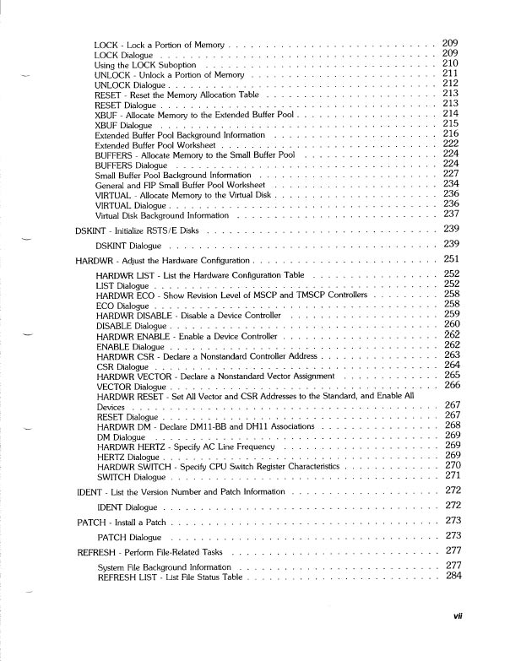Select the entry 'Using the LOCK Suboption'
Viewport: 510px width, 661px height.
145,65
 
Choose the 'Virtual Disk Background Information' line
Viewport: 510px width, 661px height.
162,215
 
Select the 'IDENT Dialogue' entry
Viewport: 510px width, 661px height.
127,507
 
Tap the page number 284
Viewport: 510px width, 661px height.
453,577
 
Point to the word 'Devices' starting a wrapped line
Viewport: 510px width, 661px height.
111,407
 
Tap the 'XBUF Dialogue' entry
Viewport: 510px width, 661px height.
123,125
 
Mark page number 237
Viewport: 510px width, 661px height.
450,215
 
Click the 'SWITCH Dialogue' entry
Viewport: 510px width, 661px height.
131,477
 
